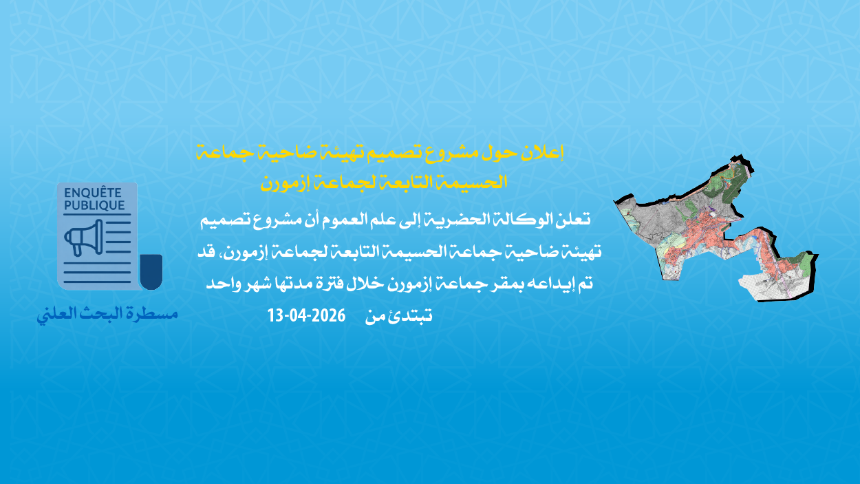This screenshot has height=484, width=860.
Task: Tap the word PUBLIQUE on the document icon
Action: (x=95, y=205)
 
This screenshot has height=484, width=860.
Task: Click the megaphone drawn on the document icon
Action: (x=83, y=237)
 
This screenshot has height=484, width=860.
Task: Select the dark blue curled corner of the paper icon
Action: (x=151, y=271)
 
